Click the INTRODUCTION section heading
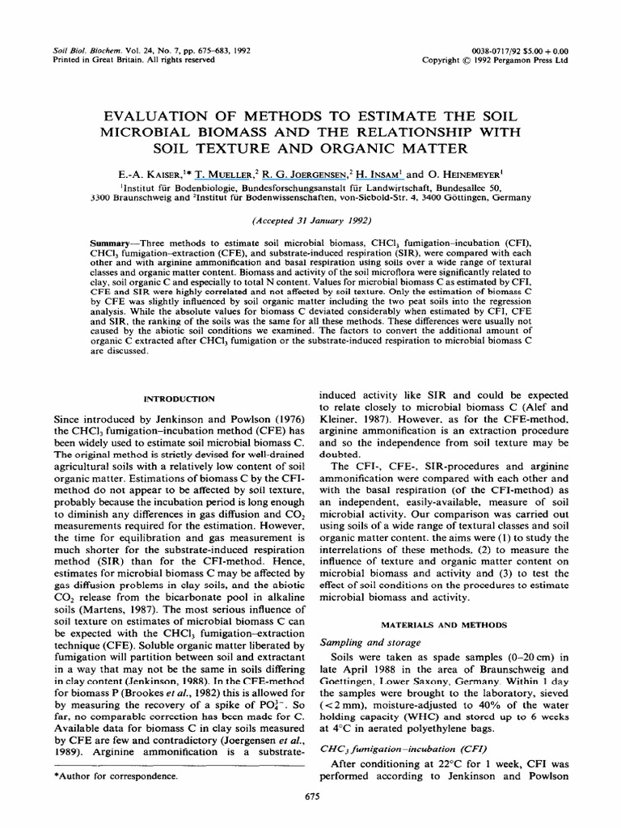[179, 399]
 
